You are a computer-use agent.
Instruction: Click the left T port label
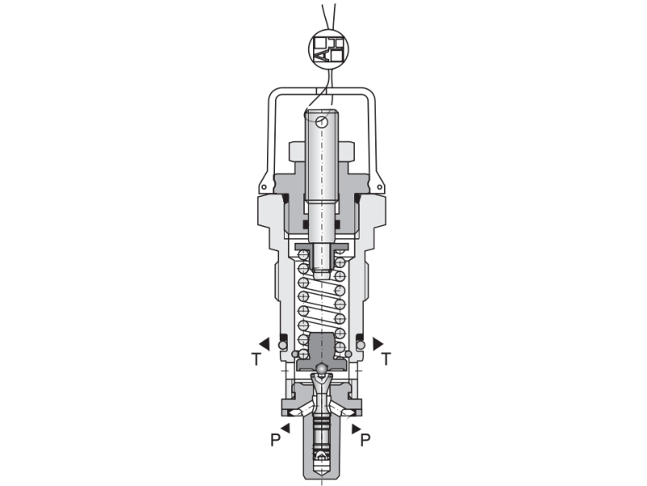tap(256, 360)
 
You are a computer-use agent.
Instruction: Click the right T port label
tap(386, 359)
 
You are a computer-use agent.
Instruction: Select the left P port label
tap(275, 440)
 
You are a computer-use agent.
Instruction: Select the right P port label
tap(366, 440)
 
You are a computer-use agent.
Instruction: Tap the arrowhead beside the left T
tap(264, 343)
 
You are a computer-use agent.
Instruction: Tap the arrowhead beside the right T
tap(378, 343)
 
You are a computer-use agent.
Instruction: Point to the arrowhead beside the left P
tap(285, 428)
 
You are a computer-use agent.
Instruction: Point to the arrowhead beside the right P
tap(356, 428)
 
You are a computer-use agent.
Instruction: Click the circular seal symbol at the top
tap(329, 49)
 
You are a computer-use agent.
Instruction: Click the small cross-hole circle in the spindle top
tap(321, 122)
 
